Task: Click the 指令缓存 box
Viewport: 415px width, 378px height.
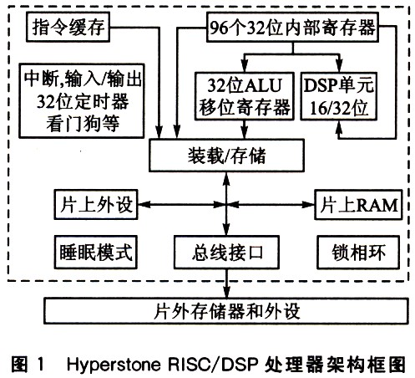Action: point(68,27)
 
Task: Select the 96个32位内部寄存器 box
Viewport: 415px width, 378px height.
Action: point(292,28)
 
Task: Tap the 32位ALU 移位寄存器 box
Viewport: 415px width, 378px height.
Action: point(245,96)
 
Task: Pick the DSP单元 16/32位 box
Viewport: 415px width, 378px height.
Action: point(339,96)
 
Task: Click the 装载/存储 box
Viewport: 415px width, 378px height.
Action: point(226,156)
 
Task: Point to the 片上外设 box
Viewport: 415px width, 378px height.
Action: point(96,205)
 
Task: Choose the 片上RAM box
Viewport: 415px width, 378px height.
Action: point(358,205)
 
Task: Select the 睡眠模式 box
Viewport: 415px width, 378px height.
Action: point(96,253)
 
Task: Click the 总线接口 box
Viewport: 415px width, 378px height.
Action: point(226,253)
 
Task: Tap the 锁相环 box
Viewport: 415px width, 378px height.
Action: point(358,253)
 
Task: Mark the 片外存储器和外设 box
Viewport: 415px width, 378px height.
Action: point(226,311)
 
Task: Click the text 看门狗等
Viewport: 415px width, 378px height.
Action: point(83,123)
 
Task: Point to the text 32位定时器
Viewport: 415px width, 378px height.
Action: point(83,101)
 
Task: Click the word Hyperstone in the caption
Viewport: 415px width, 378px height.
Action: point(114,364)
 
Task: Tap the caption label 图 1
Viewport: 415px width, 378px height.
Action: point(28,364)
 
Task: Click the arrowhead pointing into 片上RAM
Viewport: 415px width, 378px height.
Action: point(308,205)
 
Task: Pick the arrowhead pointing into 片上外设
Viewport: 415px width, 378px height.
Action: point(144,205)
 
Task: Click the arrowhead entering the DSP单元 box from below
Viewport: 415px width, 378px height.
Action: point(339,127)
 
